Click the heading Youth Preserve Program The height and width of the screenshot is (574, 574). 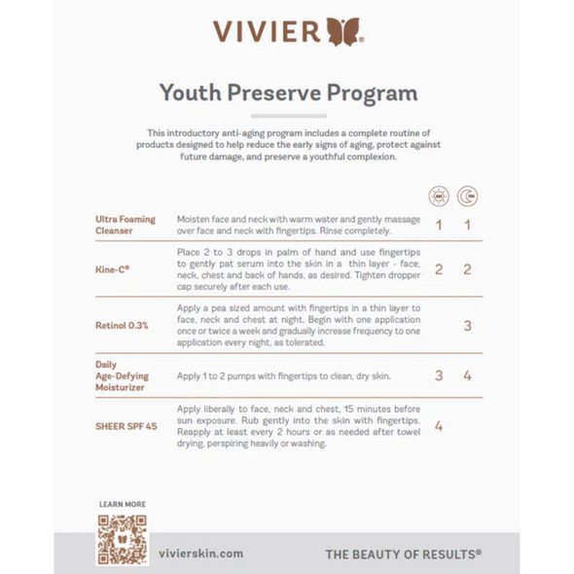[287, 93]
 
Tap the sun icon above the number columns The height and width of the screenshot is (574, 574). [439, 196]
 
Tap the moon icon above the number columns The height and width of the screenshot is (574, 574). [467, 196]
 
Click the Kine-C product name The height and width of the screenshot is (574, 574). [114, 269]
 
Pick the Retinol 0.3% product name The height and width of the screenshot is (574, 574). [122, 325]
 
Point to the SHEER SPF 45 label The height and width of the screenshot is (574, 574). [125, 424]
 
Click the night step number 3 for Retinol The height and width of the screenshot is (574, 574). [467, 326]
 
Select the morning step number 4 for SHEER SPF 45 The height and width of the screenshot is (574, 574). [439, 425]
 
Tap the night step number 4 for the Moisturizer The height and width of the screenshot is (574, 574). [467, 375]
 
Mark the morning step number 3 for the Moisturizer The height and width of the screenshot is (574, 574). [439, 375]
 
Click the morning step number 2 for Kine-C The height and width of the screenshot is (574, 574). [439, 269]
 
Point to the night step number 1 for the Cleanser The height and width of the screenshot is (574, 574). [467, 226]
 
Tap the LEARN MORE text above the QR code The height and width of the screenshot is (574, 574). [123, 504]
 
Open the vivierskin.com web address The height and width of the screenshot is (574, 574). [199, 553]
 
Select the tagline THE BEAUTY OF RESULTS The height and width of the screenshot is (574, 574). [403, 554]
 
